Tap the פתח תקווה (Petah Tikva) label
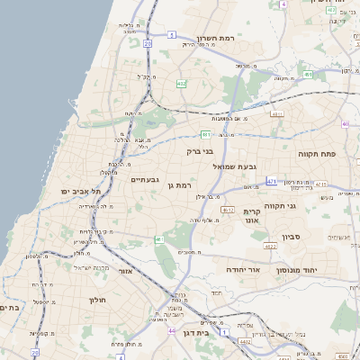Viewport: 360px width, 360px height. (318, 154)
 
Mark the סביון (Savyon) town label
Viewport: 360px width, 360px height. (297, 237)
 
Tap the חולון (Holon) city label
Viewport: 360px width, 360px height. (98, 300)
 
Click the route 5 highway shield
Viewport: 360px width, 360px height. (171, 35)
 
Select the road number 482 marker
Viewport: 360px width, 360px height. (182, 84)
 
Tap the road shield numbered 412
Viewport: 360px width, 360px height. (226, 210)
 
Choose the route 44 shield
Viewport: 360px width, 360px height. (171, 331)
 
